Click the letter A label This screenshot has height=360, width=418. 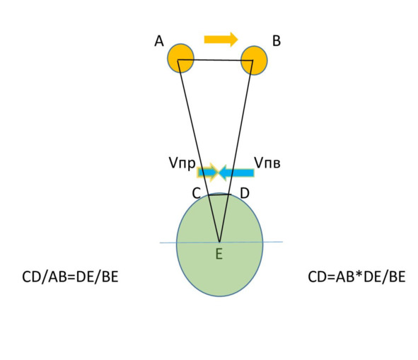tap(159, 41)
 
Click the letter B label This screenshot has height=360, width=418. tap(277, 41)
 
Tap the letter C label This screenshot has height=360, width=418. tap(197, 193)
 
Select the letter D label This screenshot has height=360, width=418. tap(245, 193)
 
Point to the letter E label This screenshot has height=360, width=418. tap(219, 254)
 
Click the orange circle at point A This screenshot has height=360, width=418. tap(181, 59)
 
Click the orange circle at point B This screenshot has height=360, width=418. tap(254, 61)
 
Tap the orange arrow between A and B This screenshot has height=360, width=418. tap(221, 40)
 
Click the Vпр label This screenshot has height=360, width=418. tap(182, 163)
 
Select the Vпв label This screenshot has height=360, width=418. tap(267, 163)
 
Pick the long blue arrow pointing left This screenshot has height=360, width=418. tap(236, 173)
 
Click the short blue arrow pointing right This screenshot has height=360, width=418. tap(208, 173)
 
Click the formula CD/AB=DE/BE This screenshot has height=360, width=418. tap(70, 277)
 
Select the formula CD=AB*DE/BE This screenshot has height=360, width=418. tap(356, 277)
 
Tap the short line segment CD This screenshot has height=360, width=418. tap(220, 195)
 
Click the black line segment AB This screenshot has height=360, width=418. tap(215, 60)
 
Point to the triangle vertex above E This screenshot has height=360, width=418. tap(219, 242)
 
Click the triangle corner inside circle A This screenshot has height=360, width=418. tap(178, 60)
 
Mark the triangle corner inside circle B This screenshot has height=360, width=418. tap(252, 61)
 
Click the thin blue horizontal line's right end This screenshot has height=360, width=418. tap(283, 242)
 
